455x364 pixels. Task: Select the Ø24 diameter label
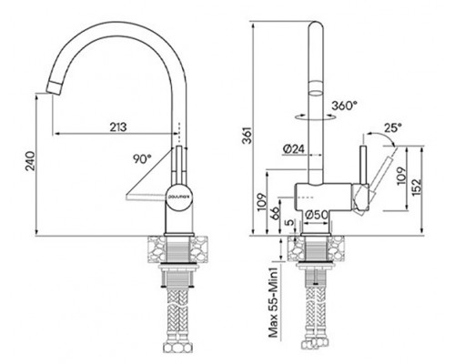(x=294, y=148)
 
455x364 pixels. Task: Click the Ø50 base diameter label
(x=318, y=216)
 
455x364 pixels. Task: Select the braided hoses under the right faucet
(x=319, y=318)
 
